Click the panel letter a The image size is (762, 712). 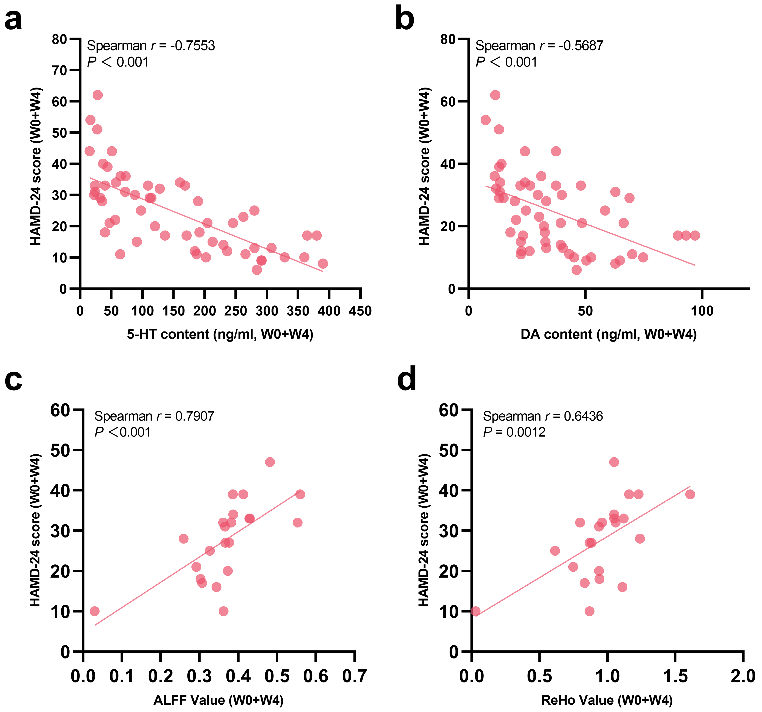[x=13, y=20]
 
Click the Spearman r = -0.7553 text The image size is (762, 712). [x=151, y=46]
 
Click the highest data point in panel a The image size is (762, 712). [x=98, y=95]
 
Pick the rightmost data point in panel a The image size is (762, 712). [x=323, y=264]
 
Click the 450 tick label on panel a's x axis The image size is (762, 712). [x=360, y=311]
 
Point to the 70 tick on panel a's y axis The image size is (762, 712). [x=59, y=70]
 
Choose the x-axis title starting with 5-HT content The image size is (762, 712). [x=220, y=335]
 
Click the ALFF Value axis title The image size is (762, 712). [x=218, y=700]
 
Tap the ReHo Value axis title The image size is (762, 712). [x=607, y=700]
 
